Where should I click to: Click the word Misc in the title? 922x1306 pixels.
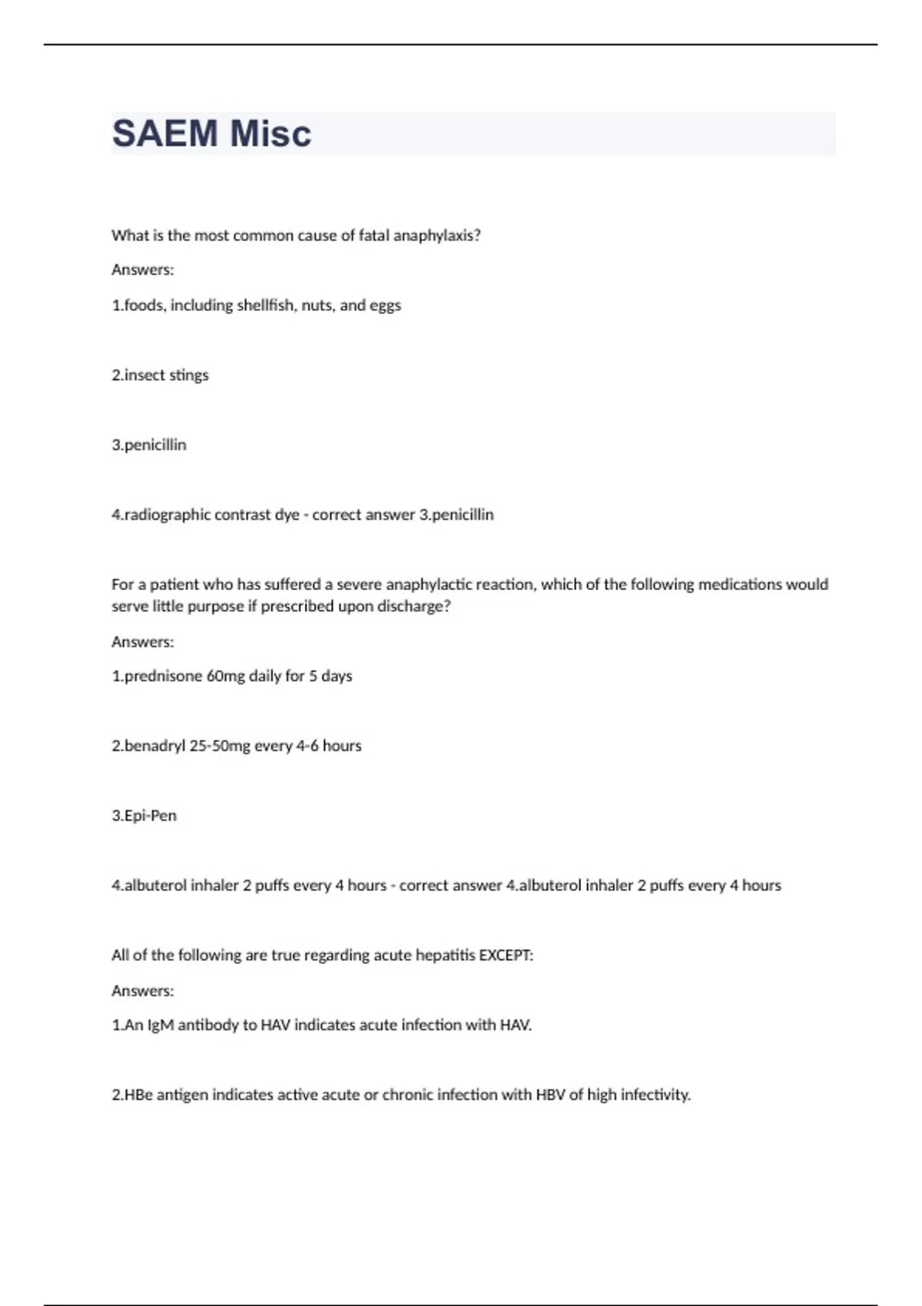[x=270, y=134]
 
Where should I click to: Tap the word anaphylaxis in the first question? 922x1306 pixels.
[x=436, y=236]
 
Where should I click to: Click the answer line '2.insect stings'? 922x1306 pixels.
[x=160, y=376]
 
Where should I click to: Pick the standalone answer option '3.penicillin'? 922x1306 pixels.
[x=149, y=446]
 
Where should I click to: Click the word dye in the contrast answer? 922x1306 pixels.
[x=287, y=515]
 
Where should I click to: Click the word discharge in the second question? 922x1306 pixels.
[x=413, y=606]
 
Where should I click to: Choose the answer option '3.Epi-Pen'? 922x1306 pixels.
[x=144, y=816]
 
